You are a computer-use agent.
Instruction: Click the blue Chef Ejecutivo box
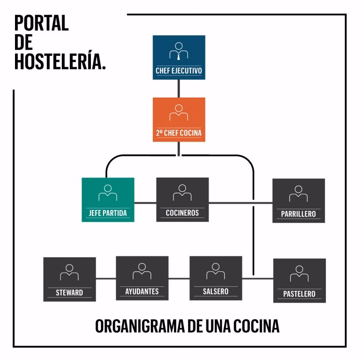click(x=179, y=57)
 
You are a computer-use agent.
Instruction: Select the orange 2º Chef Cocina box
click(x=179, y=119)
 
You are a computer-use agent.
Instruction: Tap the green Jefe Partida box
click(x=108, y=200)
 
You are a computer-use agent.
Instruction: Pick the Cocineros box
click(x=182, y=200)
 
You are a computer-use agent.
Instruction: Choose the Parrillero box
click(x=299, y=201)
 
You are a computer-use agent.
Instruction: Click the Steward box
click(x=69, y=279)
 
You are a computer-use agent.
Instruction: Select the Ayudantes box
click(x=142, y=278)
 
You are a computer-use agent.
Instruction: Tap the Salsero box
click(x=216, y=278)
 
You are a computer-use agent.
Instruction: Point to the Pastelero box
click(x=299, y=280)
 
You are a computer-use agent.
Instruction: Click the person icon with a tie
click(x=179, y=51)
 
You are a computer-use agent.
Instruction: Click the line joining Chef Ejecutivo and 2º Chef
click(x=179, y=88)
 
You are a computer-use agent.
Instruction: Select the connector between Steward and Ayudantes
click(x=106, y=279)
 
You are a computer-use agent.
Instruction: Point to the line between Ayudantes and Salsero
click(x=179, y=279)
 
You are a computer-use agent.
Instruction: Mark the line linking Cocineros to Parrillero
click(x=240, y=203)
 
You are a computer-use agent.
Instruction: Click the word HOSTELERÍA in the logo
click(x=60, y=61)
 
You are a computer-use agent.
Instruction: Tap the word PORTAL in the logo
click(x=42, y=23)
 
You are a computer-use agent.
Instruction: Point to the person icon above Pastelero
click(x=299, y=274)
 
